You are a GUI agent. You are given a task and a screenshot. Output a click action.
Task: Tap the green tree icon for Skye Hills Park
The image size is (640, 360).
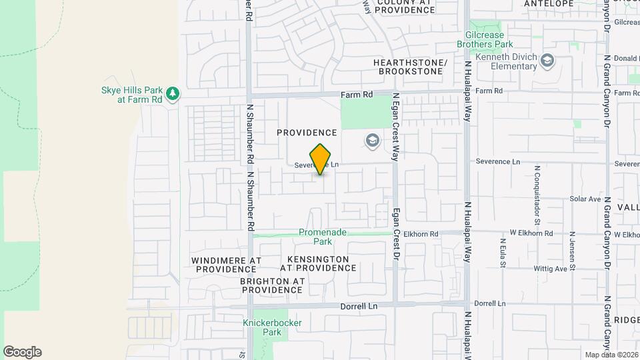click(x=173, y=93)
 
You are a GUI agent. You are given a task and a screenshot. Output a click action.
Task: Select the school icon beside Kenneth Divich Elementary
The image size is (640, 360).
click(x=548, y=61)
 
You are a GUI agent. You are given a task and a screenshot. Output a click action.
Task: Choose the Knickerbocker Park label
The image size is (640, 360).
click(x=272, y=327)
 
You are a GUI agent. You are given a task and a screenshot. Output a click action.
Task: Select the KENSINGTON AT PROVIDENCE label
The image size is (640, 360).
click(x=318, y=263)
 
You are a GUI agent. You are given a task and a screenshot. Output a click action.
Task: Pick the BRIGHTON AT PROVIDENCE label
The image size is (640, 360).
click(x=272, y=285)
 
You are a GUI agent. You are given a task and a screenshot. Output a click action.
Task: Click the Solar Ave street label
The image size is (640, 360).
click(x=585, y=199)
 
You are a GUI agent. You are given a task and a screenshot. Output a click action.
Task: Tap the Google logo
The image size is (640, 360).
click(x=22, y=352)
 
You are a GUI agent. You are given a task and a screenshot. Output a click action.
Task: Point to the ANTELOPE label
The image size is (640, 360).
click(x=549, y=3)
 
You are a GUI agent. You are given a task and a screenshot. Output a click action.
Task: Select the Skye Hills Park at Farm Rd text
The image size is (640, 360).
click(x=131, y=94)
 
